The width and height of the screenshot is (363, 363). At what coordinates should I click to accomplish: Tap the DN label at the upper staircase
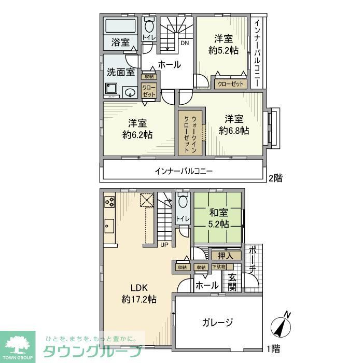click(184, 43)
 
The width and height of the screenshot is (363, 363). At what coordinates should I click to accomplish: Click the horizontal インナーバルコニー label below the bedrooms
click(184, 171)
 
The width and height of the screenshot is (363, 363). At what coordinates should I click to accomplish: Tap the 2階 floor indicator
click(275, 178)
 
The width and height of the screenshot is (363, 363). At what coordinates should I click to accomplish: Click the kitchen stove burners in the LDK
click(110, 201)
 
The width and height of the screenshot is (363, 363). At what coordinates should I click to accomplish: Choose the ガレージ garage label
click(218, 322)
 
